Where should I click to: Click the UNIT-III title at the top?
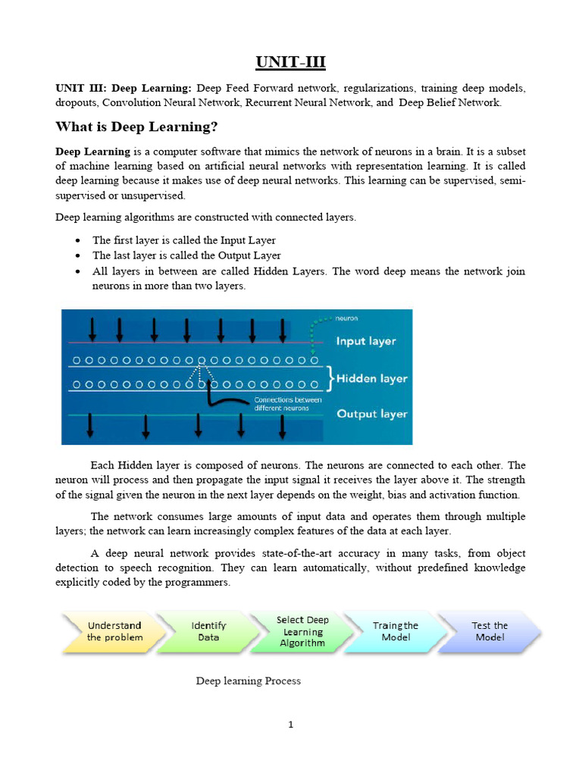pyautogui.click(x=291, y=61)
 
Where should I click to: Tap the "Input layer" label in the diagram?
pyautogui.click(x=366, y=341)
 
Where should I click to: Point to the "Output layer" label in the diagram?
pyautogui.click(x=371, y=414)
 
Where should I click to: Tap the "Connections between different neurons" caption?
pyautogui.click(x=287, y=403)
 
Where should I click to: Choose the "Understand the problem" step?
pyautogui.click(x=114, y=631)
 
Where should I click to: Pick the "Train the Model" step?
pyautogui.click(x=396, y=631)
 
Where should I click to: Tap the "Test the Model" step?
pyautogui.click(x=490, y=631)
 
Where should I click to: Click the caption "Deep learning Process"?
pyautogui.click(x=249, y=681)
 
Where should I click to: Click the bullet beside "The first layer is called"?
pyautogui.click(x=80, y=241)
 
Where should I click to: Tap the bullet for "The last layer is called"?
pyautogui.click(x=80, y=256)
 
